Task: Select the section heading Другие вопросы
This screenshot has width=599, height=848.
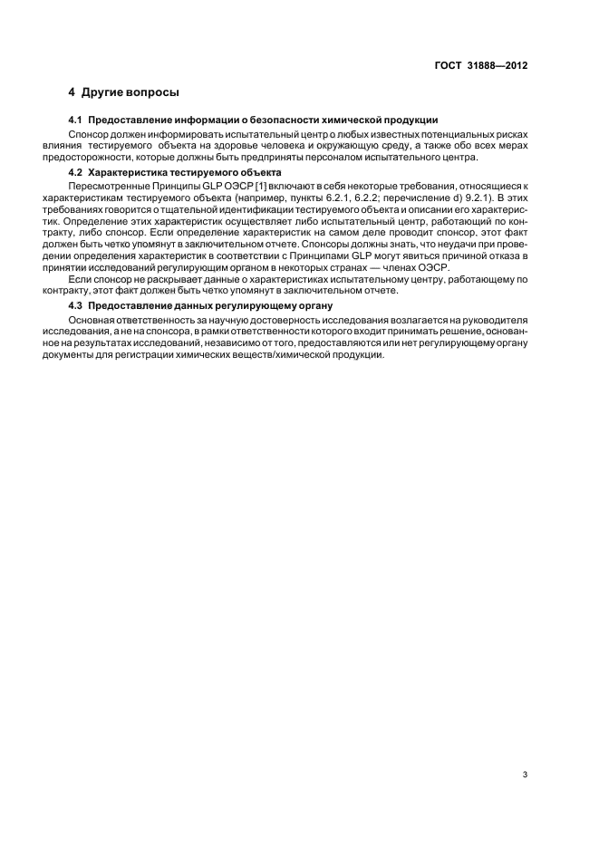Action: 130,92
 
